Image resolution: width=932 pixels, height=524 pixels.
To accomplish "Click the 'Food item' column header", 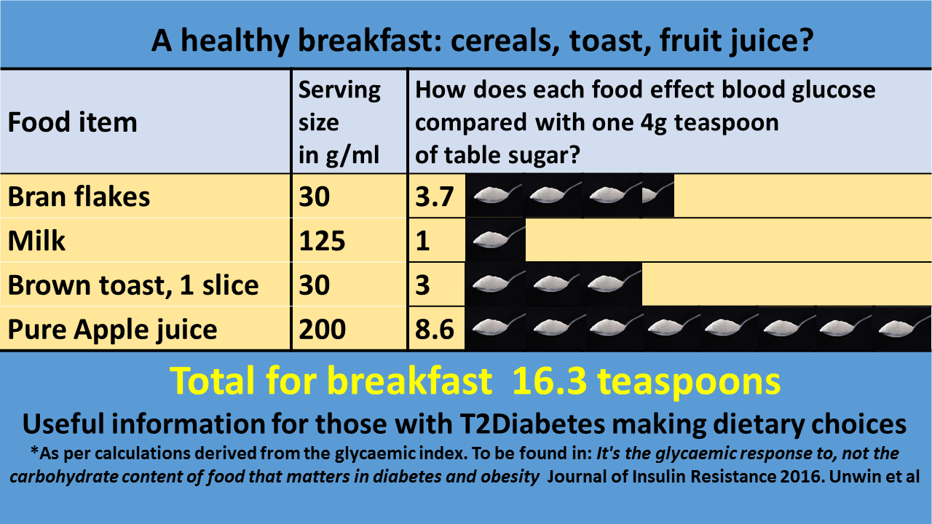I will click(72, 122).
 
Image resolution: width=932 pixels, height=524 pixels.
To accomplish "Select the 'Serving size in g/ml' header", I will click(339, 122).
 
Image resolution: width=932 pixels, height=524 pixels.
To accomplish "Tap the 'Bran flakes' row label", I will click(79, 196).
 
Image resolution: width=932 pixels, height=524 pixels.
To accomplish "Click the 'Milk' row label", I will click(36, 241).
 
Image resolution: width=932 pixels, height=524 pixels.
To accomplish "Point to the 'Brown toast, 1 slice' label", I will click(133, 285).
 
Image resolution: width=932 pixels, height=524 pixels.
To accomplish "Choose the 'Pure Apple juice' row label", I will click(112, 329).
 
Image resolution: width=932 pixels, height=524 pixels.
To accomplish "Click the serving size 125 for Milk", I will click(322, 241).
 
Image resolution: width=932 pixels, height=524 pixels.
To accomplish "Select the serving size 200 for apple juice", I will click(322, 329).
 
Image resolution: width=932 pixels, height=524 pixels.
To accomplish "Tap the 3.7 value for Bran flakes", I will click(435, 196).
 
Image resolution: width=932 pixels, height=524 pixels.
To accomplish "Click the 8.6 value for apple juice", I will click(435, 329).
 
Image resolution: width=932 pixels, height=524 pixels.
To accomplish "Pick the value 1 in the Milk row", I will click(423, 241).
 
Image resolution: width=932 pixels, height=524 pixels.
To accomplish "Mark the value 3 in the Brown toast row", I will click(423, 285).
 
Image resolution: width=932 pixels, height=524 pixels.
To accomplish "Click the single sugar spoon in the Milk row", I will click(496, 239).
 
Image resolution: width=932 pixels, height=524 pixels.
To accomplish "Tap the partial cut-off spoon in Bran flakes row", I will click(657, 195).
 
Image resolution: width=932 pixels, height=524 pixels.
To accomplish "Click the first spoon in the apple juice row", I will click(496, 328).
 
